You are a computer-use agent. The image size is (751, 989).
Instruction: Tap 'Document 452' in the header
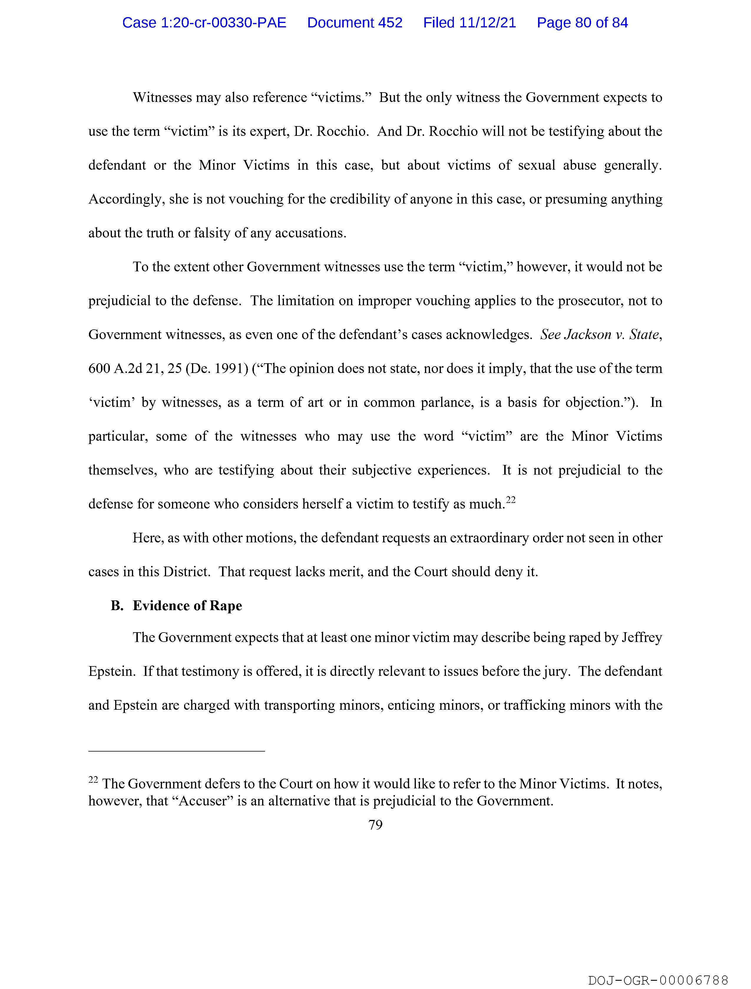355,23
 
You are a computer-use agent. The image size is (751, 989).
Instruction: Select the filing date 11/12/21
487,23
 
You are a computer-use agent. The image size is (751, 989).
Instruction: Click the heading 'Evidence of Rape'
187,606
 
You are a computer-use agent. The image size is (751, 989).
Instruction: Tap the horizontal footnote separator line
177,751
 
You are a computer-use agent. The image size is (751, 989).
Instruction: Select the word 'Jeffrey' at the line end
642,637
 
